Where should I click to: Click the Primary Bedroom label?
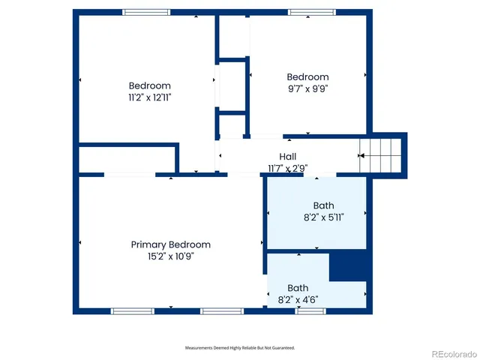[x=170, y=244]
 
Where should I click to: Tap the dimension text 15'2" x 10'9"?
[x=170, y=256]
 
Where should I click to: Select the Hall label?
[x=288, y=156]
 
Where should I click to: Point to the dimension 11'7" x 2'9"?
[x=288, y=168]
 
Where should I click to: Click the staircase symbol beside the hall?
[x=382, y=155]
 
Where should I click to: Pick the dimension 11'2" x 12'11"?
[x=149, y=97]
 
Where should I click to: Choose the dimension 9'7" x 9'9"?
[x=307, y=88]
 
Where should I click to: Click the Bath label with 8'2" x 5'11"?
[x=323, y=205]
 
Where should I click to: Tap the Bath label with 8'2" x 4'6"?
[x=298, y=288]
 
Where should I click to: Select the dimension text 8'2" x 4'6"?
[x=298, y=299]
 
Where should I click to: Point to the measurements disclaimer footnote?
[x=240, y=348]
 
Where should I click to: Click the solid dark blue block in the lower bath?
[x=348, y=267]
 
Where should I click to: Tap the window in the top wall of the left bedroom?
[x=146, y=12]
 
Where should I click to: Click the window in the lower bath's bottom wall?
[x=310, y=310]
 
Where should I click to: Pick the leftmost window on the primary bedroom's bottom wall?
[x=133, y=310]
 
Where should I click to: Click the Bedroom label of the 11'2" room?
[x=149, y=85]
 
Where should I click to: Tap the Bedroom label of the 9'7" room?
[x=307, y=76]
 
